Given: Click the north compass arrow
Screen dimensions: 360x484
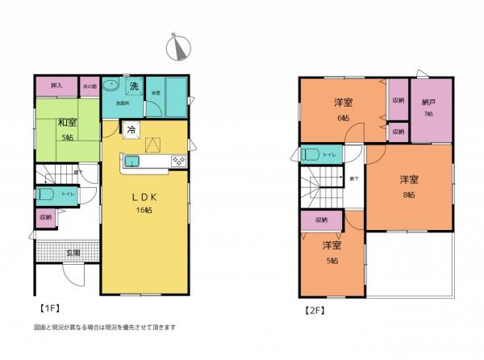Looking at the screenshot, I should pos(177,48).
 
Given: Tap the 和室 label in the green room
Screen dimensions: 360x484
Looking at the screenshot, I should pos(66,123).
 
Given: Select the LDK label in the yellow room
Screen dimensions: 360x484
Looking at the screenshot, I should pos(144,197).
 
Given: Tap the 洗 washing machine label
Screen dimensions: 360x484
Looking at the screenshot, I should pos(136,86).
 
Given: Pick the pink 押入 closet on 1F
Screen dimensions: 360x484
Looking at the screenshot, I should pos(56,86).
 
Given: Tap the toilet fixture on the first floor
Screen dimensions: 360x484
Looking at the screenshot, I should pos(47,194).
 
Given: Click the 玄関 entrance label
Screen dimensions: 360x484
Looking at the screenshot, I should pos(73,252).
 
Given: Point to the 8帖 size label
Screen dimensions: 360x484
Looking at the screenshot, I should pos(409,195).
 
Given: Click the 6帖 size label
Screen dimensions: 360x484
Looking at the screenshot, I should pos(344,118).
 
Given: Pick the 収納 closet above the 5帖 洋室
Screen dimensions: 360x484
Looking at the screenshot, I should pos(321,220).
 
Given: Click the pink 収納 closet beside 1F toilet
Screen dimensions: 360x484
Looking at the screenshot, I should pos(45,217).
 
